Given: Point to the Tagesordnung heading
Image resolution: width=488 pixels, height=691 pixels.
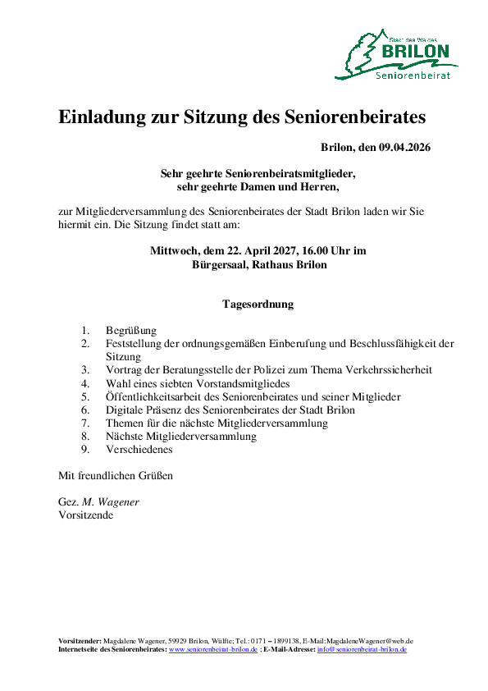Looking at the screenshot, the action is click(x=258, y=304).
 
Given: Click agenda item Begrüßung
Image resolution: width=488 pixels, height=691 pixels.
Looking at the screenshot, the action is click(x=131, y=332).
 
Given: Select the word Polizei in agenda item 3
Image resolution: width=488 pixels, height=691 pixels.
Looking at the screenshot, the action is click(x=276, y=371).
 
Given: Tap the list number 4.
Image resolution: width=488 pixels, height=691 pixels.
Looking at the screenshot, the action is click(x=84, y=384).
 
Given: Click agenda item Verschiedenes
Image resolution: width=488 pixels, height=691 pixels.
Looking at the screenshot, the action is click(x=139, y=450).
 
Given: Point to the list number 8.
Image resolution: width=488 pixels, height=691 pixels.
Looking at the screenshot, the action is click(x=84, y=437).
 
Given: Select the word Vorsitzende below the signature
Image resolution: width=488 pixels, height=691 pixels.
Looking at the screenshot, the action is click(x=86, y=515).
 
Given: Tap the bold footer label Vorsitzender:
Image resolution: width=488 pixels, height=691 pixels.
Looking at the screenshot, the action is click(x=80, y=641).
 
